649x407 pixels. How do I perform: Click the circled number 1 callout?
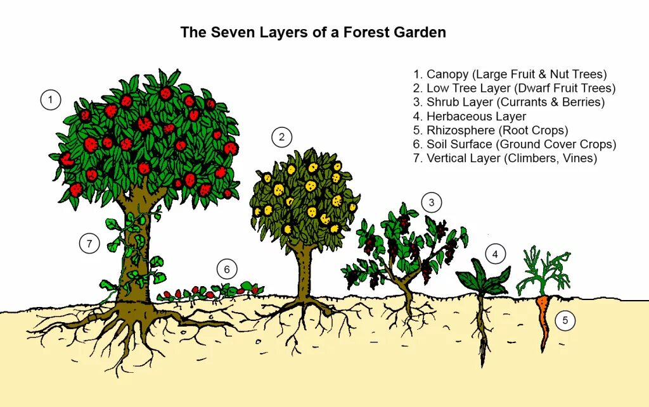pyautogui.click(x=50, y=100)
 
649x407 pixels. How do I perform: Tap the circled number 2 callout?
pyautogui.click(x=281, y=137)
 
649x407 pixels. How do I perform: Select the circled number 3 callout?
pyautogui.click(x=432, y=203)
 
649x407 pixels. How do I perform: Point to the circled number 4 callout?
pyautogui.click(x=496, y=254)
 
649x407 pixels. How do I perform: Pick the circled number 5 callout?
pyautogui.click(x=565, y=321)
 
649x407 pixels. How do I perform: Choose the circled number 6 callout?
pyautogui.click(x=226, y=270)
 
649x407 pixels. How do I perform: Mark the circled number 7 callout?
pyautogui.click(x=89, y=243)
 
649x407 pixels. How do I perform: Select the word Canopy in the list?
pyautogui.click(x=447, y=75)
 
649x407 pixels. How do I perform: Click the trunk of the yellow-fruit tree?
pyautogui.click(x=305, y=266)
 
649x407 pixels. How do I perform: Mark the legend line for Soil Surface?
pyautogui.click(x=514, y=144)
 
